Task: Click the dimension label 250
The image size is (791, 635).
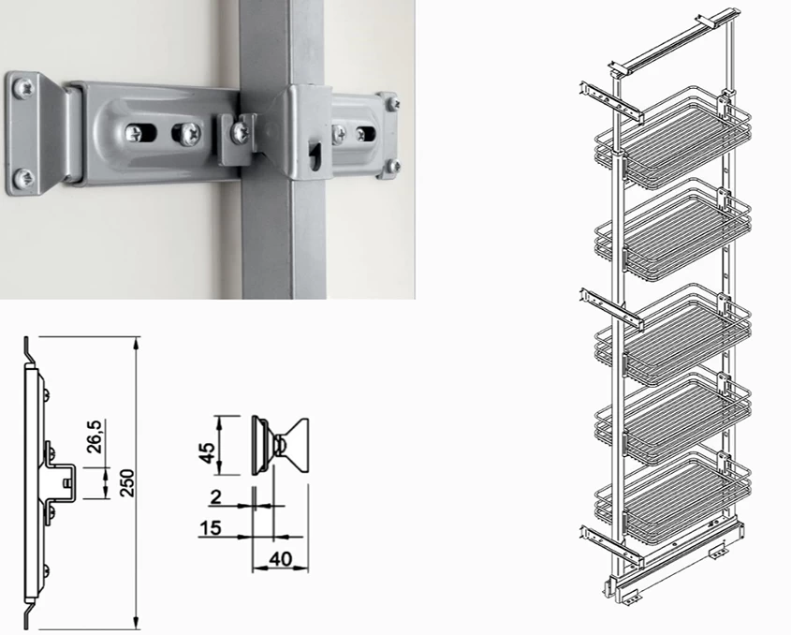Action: (128, 483)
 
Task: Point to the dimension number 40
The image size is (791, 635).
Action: (281, 559)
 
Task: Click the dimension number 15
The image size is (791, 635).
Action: (211, 528)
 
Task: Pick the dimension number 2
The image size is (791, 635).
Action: (216, 497)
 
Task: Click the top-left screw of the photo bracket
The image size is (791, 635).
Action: (23, 89)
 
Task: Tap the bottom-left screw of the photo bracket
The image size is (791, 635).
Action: (23, 178)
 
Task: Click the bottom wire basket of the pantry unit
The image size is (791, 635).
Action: (673, 497)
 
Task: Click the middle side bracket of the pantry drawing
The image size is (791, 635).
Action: (611, 308)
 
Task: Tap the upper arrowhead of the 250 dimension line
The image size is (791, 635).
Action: (136, 344)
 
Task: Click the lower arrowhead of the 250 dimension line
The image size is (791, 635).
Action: (136, 623)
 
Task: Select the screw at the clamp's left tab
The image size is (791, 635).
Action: (240, 133)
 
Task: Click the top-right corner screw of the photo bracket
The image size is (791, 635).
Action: (393, 104)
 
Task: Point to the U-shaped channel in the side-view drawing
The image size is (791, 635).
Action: (63, 483)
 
